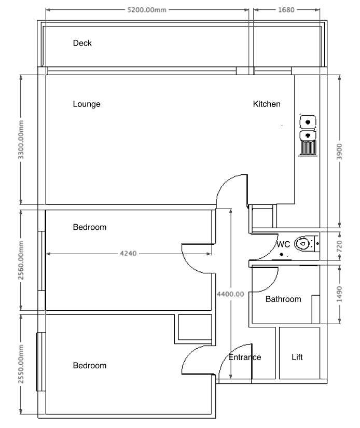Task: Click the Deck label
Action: [x=82, y=44]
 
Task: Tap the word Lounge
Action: [x=87, y=104]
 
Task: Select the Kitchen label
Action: [x=267, y=104]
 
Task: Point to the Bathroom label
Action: [x=283, y=299]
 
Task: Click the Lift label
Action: [x=297, y=357]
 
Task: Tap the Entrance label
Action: [x=245, y=357]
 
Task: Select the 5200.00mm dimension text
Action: [x=146, y=9]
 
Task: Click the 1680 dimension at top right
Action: [x=286, y=9]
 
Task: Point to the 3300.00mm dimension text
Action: [x=21, y=140]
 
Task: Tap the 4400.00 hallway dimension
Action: [x=230, y=294]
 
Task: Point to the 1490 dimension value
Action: [x=339, y=294]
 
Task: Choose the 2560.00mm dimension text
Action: [x=21, y=260]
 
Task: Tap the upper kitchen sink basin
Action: [x=309, y=122]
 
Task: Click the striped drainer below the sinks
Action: [x=309, y=148]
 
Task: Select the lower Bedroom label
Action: [x=89, y=366]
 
